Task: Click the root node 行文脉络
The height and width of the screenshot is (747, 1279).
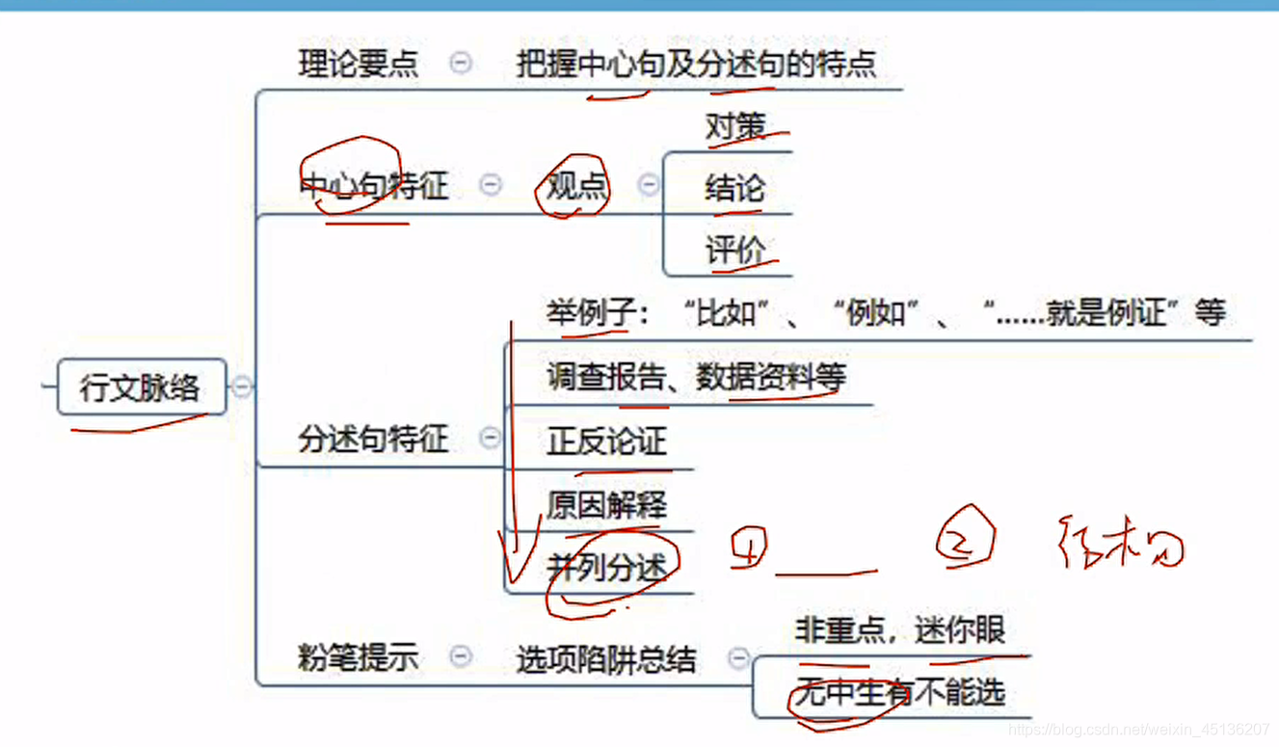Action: coord(141,387)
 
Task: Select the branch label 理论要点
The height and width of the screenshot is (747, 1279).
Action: coord(358,64)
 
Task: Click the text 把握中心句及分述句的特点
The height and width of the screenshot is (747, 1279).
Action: coord(696,64)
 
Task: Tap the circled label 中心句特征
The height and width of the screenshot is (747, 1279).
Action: coord(374,184)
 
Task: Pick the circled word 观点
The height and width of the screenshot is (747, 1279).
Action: coord(576,184)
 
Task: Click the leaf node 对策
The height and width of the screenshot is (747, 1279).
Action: coord(734,127)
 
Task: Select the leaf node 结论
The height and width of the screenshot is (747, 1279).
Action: coord(734,188)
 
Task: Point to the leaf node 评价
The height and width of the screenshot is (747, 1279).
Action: coord(734,251)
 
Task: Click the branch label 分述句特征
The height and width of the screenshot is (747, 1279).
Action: coord(373,440)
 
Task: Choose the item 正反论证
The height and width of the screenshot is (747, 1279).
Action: coord(606,441)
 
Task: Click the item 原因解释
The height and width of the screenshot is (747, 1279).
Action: coord(606,505)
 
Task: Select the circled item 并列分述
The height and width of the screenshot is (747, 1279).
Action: coord(607,568)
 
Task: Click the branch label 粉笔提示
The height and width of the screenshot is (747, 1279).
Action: coord(358,657)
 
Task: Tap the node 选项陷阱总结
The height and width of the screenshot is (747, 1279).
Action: coord(605,659)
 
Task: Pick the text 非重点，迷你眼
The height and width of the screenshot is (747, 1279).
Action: coord(899,630)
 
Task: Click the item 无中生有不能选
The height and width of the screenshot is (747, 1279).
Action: coord(899,692)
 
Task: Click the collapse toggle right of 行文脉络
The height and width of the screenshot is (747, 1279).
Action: coord(242,387)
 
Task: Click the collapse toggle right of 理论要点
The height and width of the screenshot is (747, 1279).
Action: coord(462,64)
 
